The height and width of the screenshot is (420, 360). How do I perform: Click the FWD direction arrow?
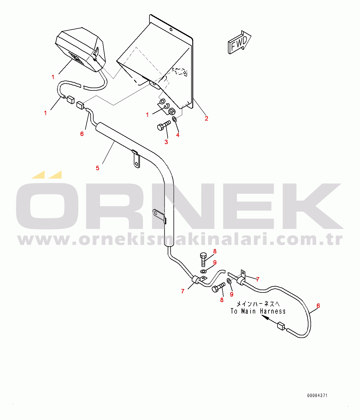[239, 43]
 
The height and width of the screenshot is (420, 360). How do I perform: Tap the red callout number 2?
[206, 118]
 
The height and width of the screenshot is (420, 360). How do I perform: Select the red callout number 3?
[166, 142]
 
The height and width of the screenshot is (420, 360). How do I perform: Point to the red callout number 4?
[178, 135]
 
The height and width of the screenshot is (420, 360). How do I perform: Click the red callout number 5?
[98, 168]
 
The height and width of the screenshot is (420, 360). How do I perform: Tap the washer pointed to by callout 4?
[174, 119]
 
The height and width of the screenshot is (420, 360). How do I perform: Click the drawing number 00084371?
[317, 395]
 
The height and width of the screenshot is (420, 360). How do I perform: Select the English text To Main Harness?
[258, 311]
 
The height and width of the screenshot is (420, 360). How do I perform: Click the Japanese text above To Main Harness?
[258, 304]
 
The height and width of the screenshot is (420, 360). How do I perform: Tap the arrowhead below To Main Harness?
[264, 317]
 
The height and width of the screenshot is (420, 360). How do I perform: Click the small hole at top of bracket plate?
[171, 30]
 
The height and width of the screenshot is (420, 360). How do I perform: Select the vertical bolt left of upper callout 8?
[203, 259]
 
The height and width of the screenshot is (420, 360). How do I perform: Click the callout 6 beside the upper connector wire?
[82, 134]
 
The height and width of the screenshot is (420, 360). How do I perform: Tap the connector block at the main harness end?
[281, 326]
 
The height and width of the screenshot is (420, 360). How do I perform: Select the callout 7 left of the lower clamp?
[182, 291]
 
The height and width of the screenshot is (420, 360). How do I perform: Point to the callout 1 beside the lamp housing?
[53, 77]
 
